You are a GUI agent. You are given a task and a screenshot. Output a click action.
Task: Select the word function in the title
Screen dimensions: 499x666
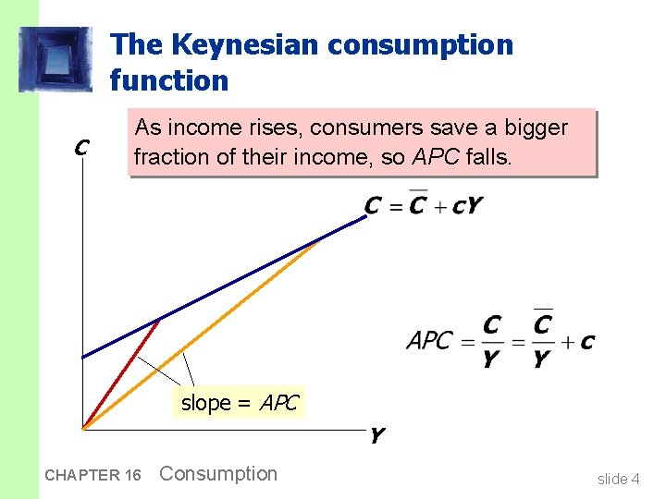click(168, 80)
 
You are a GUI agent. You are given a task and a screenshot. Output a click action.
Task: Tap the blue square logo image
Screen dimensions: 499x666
click(56, 59)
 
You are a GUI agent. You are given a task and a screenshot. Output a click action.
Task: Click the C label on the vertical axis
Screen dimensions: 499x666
click(81, 147)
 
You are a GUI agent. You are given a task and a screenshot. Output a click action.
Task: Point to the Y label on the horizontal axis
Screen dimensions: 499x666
click(376, 434)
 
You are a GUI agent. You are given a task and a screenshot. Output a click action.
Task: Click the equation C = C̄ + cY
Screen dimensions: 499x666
click(423, 205)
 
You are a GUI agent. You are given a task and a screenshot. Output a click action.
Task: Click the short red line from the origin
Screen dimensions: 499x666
click(120, 374)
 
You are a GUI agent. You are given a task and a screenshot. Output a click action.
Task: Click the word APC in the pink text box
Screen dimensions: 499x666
click(437, 157)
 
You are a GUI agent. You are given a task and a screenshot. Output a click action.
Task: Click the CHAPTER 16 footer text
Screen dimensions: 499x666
click(92, 475)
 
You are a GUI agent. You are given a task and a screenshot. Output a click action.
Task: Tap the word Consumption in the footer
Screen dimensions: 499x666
click(218, 474)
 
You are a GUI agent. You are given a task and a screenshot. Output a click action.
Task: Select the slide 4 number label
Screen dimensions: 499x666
click(618, 479)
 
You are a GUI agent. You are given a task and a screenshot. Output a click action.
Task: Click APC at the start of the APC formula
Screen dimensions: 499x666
click(429, 341)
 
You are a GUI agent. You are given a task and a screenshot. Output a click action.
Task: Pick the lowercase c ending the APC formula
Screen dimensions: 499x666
click(587, 342)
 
